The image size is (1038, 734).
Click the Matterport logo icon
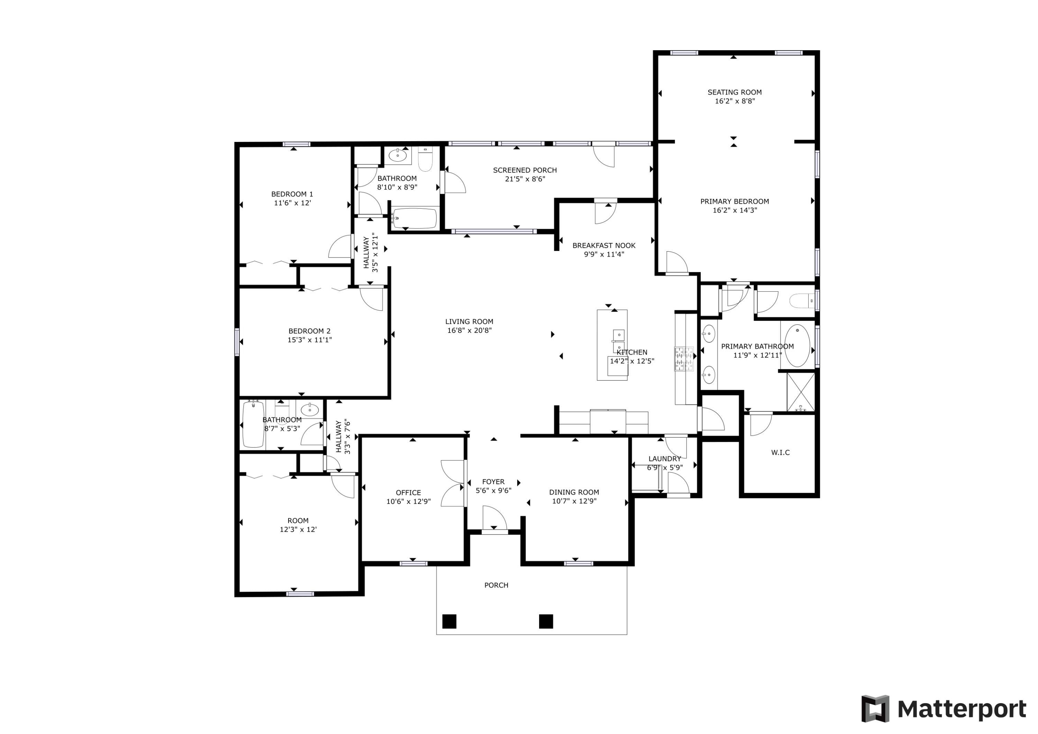tap(875, 709)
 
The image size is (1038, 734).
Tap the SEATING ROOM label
tap(734, 92)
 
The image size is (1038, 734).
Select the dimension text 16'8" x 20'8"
tap(469, 330)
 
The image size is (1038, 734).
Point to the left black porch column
tap(449, 622)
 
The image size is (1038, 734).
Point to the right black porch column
tap(546, 622)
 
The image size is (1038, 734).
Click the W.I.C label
tap(780, 452)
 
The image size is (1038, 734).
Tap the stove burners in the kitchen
tap(684, 359)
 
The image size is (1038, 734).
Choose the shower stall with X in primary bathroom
tap(801, 392)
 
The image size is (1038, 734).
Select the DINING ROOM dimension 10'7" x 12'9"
tap(574, 501)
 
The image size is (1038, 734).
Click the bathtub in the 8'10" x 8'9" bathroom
tap(414, 218)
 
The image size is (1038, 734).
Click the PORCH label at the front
tap(496, 585)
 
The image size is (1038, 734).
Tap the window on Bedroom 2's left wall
tap(236, 342)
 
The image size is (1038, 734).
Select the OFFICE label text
tap(408, 492)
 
